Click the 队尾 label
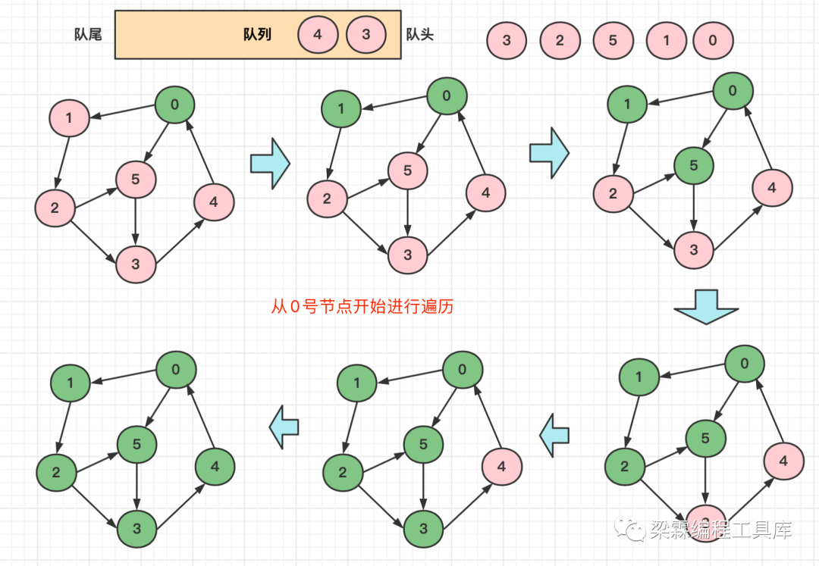(89, 35)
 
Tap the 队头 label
(420, 35)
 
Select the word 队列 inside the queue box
(257, 35)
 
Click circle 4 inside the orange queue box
(317, 35)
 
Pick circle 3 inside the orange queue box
(366, 35)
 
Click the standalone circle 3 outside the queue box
(507, 41)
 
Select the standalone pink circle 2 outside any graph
(560, 41)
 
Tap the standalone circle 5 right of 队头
(613, 41)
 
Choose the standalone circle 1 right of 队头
(667, 41)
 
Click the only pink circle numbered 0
(713, 41)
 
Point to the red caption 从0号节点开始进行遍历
(362, 308)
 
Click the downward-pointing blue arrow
(705, 306)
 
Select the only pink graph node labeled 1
(69, 117)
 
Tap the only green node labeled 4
(215, 467)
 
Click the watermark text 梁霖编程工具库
(720, 530)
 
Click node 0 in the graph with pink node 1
(175, 105)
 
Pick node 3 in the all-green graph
(137, 528)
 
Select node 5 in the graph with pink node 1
(136, 180)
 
